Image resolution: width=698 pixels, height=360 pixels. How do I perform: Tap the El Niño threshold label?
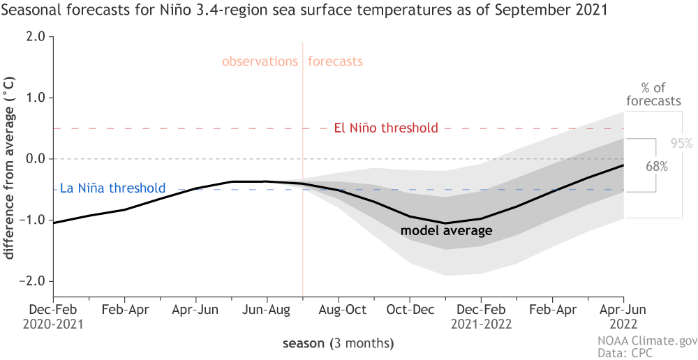(x=386, y=128)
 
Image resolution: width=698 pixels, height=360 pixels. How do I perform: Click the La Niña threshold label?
(x=112, y=188)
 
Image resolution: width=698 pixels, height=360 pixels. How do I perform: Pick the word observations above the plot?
(x=260, y=61)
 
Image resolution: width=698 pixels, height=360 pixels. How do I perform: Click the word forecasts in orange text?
(x=336, y=61)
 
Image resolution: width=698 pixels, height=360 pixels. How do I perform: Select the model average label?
(x=447, y=230)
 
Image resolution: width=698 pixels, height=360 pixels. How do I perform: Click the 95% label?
(x=681, y=144)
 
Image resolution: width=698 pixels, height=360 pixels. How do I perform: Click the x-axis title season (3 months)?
(x=338, y=343)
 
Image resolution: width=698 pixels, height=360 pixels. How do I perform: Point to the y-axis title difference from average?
(x=10, y=175)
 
